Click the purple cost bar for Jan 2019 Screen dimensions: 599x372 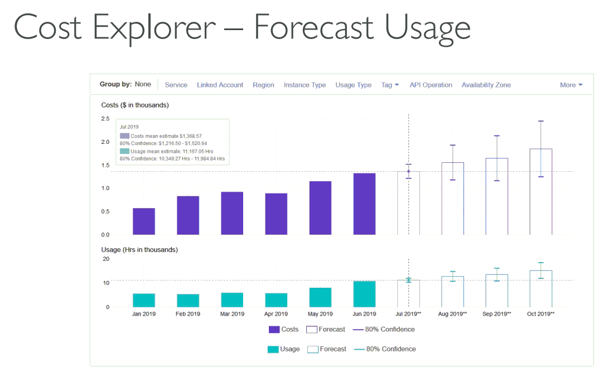point(144,221)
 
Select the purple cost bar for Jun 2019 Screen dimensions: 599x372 point(364,204)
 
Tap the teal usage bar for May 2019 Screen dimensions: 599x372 point(320,297)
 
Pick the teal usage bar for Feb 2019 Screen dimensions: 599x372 point(188,301)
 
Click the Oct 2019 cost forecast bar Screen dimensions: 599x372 point(541,191)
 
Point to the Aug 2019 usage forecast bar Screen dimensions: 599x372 point(453,292)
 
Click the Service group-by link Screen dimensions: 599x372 point(176,85)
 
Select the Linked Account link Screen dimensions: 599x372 point(220,85)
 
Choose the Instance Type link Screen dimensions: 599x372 point(305,85)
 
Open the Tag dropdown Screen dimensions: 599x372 point(390,85)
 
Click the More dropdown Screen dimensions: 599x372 point(571,85)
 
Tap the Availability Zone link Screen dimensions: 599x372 point(486,85)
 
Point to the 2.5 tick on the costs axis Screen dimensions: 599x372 point(105,119)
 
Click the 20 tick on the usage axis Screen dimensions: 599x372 point(106,259)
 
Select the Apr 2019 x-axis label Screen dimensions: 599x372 point(276,314)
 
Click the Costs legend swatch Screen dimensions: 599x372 point(274,330)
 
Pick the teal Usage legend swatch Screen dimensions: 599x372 point(273,349)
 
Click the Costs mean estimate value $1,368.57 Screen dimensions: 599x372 point(191,136)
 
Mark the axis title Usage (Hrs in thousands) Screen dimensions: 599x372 point(139,250)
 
